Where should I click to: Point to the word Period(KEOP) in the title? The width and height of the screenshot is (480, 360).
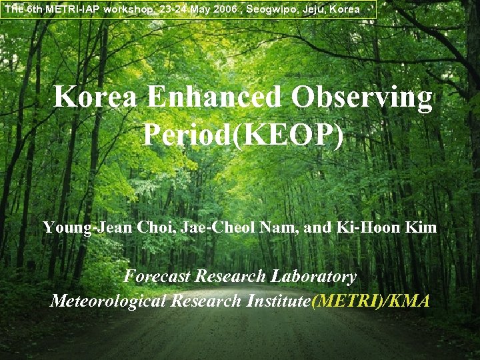pyautogui.click(x=243, y=135)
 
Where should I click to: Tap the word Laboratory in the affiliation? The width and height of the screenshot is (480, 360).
pyautogui.click(x=313, y=276)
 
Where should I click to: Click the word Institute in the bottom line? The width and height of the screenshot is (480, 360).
pyautogui.click(x=278, y=301)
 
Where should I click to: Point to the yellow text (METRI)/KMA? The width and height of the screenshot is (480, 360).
pyautogui.click(x=371, y=301)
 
